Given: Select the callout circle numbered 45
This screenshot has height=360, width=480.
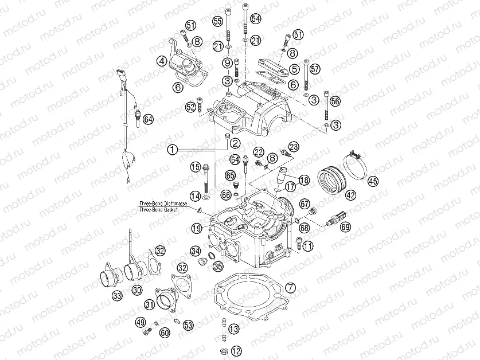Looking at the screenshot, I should pyautogui.click(x=373, y=182).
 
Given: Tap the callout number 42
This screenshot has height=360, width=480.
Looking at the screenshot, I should pyautogui.click(x=350, y=195).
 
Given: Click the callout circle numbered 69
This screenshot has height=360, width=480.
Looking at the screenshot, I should pyautogui.click(x=345, y=228).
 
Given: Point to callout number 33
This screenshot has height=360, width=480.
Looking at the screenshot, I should pyautogui.click(x=117, y=296).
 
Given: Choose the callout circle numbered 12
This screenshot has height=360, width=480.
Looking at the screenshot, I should pyautogui.click(x=237, y=351).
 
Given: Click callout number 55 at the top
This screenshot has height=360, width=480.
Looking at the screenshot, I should pyautogui.click(x=217, y=21).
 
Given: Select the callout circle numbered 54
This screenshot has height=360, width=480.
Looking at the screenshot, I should pyautogui.click(x=255, y=19).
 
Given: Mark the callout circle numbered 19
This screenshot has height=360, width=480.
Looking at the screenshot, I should pyautogui.click(x=197, y=229).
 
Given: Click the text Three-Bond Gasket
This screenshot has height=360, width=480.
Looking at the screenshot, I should pyautogui.click(x=158, y=210).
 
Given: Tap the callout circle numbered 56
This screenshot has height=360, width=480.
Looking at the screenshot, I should pyautogui.click(x=335, y=101).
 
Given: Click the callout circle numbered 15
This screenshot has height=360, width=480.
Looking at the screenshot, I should pyautogui.click(x=196, y=167).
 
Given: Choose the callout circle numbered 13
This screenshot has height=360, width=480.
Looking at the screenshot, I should pyautogui.click(x=233, y=329).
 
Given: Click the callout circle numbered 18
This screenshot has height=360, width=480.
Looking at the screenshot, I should pyautogui.click(x=304, y=180).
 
